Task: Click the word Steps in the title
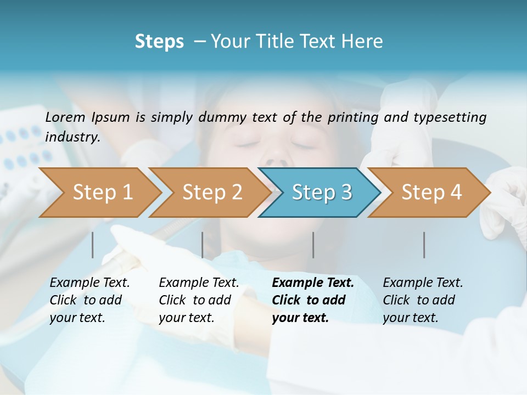tap(159, 42)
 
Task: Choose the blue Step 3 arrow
tap(322, 193)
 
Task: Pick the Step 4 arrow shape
tap(431, 193)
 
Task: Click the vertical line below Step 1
tap(93, 245)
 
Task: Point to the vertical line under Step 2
tap(203, 245)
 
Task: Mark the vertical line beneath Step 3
tap(313, 245)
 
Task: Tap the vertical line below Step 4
tap(424, 245)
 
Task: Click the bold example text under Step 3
tap(312, 300)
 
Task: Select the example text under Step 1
tap(89, 300)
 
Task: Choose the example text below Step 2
tap(199, 300)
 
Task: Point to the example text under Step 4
tap(423, 300)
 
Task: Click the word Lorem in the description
tap(65, 117)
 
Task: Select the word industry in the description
tap(72, 137)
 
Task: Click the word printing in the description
tap(354, 117)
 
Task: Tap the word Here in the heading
tap(363, 42)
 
